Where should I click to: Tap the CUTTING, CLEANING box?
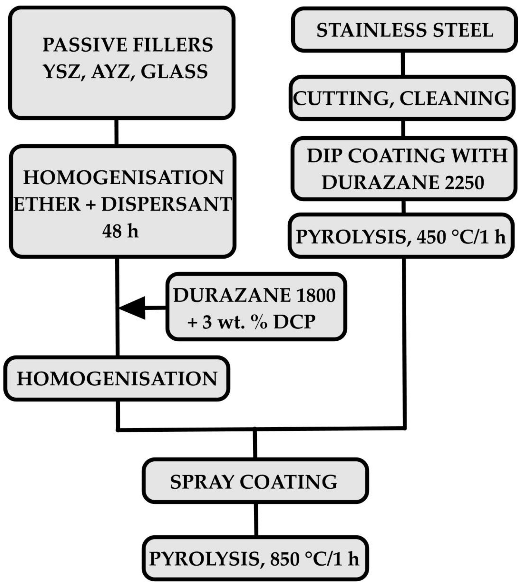click(401, 98)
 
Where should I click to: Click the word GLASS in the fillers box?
click(174, 72)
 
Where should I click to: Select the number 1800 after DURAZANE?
click(316, 295)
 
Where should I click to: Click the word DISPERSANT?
click(166, 204)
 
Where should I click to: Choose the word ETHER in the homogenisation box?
click(47, 204)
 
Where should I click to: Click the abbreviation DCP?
click(294, 322)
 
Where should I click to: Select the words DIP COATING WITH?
click(407, 156)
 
